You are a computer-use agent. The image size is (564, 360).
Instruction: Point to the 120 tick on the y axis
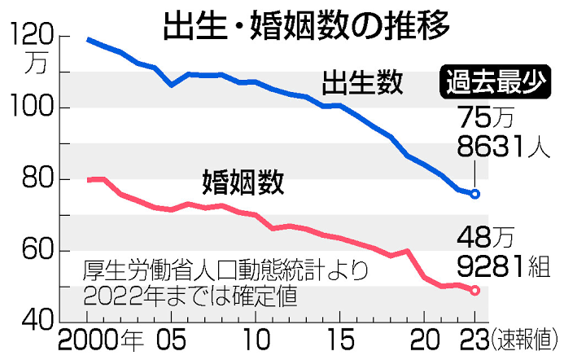pyautogui.click(x=30, y=36)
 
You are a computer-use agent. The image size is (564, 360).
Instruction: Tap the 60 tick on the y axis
pyautogui.click(x=33, y=250)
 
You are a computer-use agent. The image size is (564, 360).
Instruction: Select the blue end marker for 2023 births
pyautogui.click(x=475, y=194)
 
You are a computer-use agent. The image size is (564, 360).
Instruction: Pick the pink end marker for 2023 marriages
pyautogui.click(x=475, y=290)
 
